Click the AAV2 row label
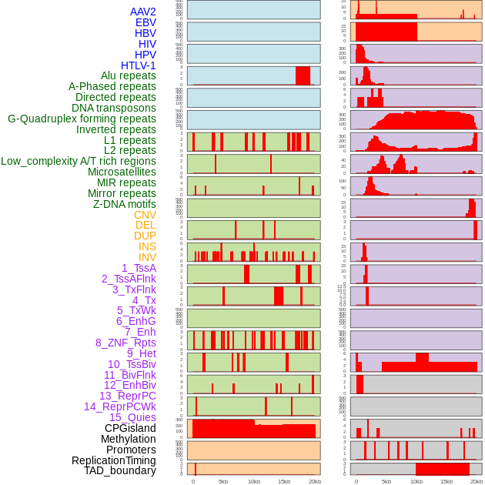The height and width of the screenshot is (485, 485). (x=142, y=12)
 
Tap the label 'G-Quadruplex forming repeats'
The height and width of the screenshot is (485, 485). (x=82, y=119)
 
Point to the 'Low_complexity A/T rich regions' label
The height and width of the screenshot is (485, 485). (x=79, y=161)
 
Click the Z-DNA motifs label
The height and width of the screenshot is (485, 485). (x=124, y=204)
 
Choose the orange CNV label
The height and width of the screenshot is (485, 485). (x=145, y=215)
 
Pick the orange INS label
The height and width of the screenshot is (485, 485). (x=147, y=246)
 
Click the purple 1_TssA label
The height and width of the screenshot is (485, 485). (x=139, y=268)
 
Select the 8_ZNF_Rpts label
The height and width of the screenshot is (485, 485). (x=125, y=343)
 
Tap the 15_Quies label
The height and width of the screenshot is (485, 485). (x=132, y=417)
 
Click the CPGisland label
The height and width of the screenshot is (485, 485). (x=130, y=428)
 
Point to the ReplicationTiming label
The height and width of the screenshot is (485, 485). (x=113, y=460)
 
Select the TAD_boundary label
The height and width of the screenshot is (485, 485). (x=120, y=470)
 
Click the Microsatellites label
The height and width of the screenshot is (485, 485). (x=122, y=172)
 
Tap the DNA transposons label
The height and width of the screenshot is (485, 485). (x=114, y=108)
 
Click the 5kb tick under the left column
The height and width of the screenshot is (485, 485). (x=223, y=481)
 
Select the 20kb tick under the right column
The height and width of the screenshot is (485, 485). (x=477, y=481)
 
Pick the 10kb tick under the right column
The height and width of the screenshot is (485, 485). (x=416, y=481)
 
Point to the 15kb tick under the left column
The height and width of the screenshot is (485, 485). (x=284, y=481)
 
